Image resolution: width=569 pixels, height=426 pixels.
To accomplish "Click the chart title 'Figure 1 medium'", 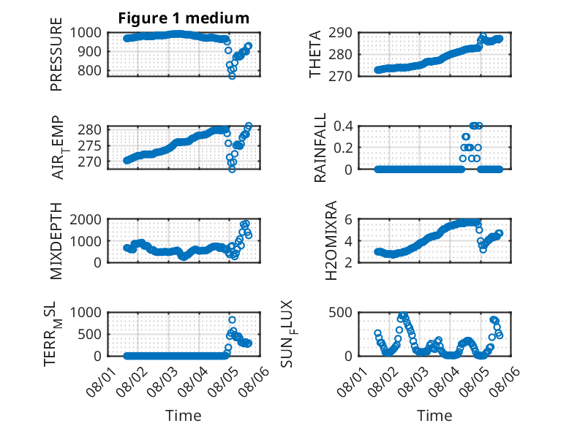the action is pos(184,18).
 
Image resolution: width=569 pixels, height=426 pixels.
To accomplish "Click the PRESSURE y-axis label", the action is pos(56,54).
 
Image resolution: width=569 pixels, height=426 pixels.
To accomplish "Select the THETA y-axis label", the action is pos(315,54).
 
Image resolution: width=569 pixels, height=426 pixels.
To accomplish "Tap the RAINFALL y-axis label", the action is pos(320,148).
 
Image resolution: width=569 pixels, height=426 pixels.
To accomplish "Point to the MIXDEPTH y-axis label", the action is pos(56,241).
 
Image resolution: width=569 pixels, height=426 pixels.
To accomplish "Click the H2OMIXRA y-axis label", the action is pos(331,240).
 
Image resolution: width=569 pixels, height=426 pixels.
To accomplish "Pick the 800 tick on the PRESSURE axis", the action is pos(90,70).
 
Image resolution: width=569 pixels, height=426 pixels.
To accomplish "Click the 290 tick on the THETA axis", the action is pos(340,33).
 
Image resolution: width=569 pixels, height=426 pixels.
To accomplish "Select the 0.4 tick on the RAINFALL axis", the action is pos(343,126).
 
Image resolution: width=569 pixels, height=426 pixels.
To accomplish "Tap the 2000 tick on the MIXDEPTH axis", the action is pos(86,219).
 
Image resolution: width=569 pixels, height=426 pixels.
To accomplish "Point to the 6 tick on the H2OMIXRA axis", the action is pos(348,219).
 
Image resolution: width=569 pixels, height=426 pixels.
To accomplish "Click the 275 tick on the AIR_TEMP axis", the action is pos(90,145).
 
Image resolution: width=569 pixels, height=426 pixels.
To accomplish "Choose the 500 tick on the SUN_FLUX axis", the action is pos(340,313).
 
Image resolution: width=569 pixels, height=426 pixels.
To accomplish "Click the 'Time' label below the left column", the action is pos(184,416).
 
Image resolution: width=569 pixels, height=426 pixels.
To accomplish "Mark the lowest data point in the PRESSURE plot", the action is pos(232,76).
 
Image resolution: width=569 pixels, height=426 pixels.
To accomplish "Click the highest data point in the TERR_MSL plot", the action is pos(232,320).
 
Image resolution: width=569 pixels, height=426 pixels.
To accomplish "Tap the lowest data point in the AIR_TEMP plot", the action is pos(232,170).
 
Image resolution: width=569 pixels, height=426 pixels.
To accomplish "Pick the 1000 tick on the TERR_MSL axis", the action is pos(86,313).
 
